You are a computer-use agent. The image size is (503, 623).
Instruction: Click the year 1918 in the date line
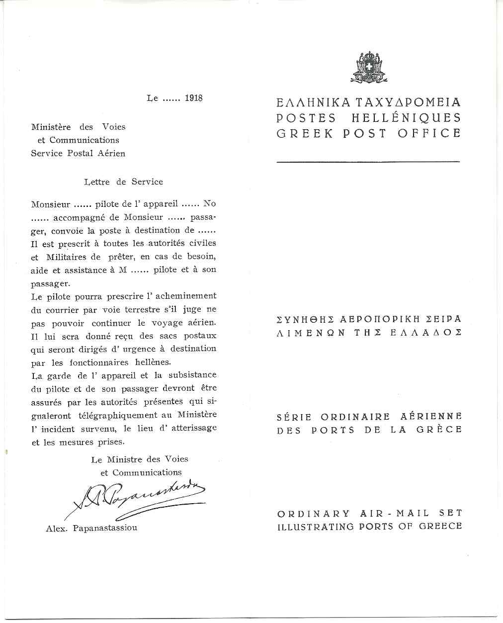tap(193, 98)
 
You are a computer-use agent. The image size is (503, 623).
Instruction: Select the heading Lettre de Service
tap(124, 181)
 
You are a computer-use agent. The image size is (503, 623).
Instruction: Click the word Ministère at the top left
tap(51, 127)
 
